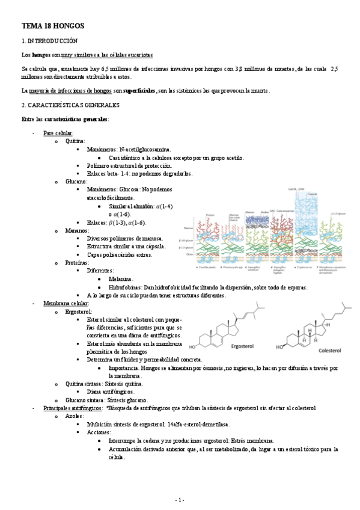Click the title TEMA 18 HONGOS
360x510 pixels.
point(53,26)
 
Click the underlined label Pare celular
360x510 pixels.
point(58,132)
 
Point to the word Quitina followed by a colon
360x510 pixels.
point(75,141)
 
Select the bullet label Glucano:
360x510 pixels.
point(76,181)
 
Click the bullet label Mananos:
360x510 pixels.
point(77,230)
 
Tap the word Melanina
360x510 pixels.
point(122,279)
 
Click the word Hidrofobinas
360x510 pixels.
point(126,287)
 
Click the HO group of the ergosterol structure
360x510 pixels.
point(193,347)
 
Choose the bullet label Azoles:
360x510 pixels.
point(75,416)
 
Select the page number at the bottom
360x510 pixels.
point(180,500)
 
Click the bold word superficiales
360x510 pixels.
point(139,91)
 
